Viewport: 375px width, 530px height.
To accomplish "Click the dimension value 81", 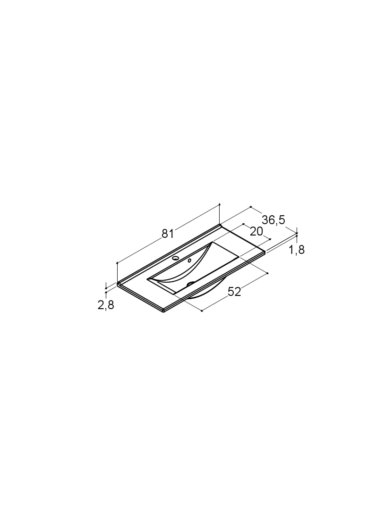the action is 168,234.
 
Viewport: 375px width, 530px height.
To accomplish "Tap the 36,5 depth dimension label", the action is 273,220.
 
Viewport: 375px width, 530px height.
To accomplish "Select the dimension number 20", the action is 256,232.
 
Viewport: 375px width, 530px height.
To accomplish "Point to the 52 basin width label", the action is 234,291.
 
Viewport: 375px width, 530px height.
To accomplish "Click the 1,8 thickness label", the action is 297,250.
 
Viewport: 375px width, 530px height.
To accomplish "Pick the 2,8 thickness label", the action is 106,305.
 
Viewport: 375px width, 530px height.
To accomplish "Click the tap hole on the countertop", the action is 176,258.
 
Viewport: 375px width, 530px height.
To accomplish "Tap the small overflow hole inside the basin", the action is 189,260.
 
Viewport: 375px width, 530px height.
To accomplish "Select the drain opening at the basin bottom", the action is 191,284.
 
